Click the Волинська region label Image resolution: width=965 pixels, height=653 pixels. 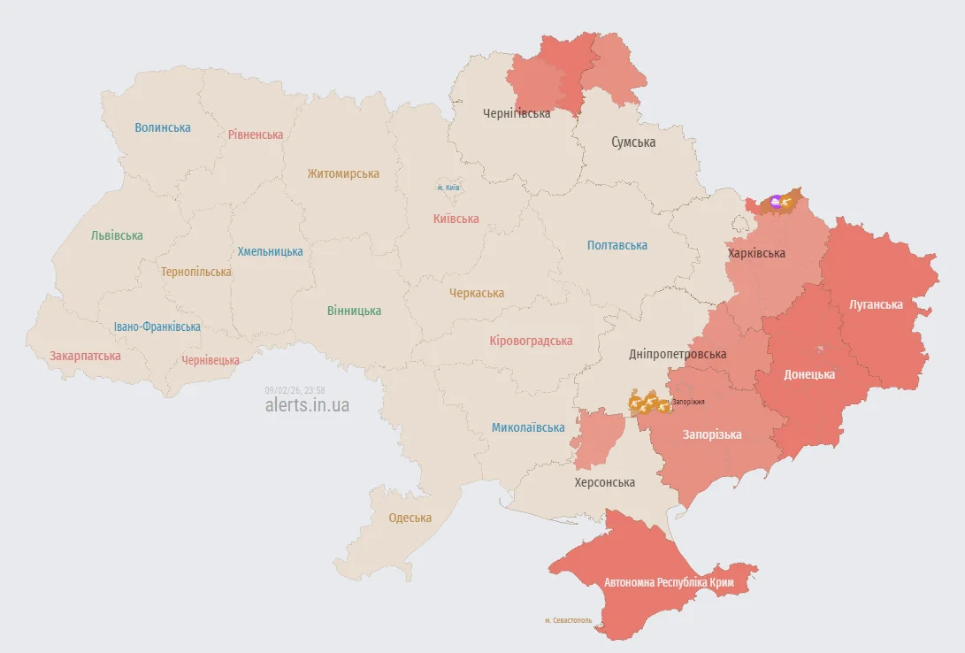pos(163,127)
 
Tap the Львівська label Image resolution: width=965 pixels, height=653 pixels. pos(117,236)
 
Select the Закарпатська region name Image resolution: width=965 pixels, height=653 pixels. pos(85,356)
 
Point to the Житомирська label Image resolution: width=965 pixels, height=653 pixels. pos(343,174)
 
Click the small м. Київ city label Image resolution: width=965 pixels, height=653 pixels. pos(448,188)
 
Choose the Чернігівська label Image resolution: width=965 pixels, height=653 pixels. pos(517,114)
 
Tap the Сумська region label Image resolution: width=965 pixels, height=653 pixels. pos(633,142)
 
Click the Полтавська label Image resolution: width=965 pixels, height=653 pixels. pos(617,245)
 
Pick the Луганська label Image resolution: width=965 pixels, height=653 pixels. pos(876,304)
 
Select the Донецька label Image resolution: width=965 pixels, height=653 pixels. pos(809,374)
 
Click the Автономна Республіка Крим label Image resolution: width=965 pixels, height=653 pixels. pos(669,582)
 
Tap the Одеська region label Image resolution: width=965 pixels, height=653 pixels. pos(410,518)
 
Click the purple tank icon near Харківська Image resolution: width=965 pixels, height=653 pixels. pos(776,202)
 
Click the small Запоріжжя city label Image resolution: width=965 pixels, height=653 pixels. pos(688,402)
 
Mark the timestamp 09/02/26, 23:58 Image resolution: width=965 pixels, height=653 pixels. pos(295,390)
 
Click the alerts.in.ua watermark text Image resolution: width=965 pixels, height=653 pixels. pos(307,405)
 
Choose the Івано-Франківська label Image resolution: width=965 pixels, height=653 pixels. pos(157,326)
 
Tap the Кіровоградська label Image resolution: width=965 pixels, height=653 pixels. pos(531,341)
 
